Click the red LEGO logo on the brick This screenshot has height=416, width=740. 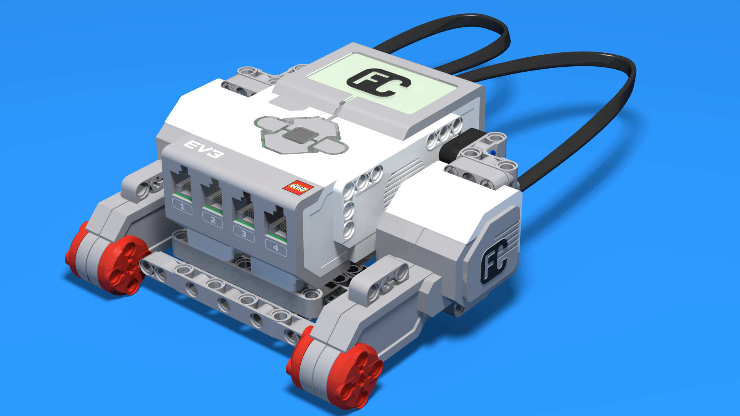coord(298,188)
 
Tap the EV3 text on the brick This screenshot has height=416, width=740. coord(203,149)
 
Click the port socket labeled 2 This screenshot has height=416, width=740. coord(212,196)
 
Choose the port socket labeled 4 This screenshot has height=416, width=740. coord(275,225)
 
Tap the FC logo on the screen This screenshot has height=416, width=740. coord(378,82)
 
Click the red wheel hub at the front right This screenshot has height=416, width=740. coord(357,376)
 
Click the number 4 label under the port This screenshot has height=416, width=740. coord(276,248)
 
